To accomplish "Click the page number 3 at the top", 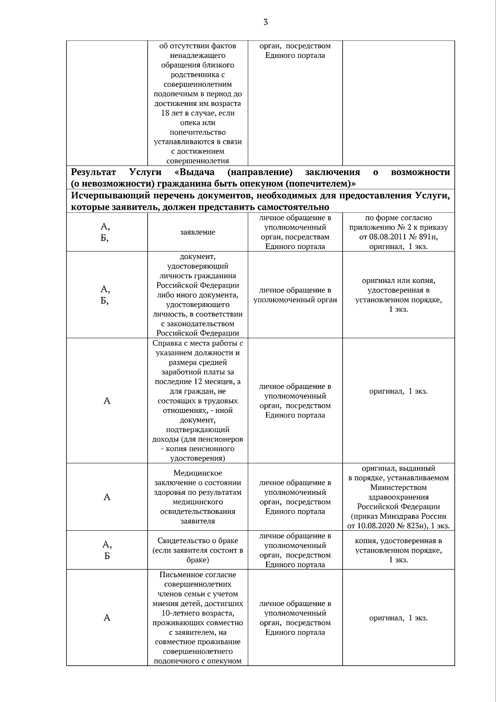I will click(265, 22).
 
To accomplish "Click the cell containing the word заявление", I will click(198, 232).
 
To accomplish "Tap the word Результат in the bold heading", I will click(93, 173).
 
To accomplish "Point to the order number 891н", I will click(429, 237).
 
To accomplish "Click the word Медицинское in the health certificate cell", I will click(198, 473).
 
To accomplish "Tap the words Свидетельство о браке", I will click(198, 541).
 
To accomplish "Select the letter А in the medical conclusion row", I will click(107, 497).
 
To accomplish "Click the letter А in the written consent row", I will click(107, 618).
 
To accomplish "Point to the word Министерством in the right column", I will click(398, 488).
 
